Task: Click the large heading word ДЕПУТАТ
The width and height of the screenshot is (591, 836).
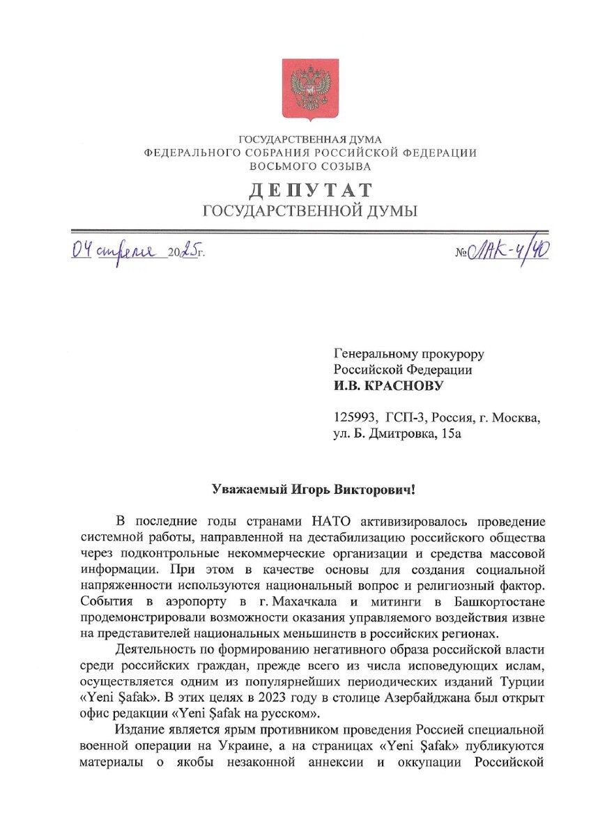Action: [310, 190]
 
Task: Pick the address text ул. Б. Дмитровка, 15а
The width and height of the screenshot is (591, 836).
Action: [397, 434]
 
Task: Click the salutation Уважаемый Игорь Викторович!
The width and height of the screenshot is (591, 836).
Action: [313, 489]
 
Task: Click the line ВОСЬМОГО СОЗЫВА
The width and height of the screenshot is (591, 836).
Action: [310, 167]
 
